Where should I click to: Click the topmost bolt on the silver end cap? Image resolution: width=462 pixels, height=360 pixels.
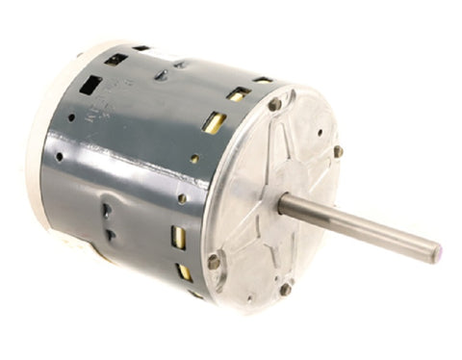point(275,104)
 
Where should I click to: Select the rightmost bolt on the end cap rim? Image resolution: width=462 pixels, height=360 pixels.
point(338,151)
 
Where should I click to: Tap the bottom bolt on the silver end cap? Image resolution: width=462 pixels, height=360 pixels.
point(285,288)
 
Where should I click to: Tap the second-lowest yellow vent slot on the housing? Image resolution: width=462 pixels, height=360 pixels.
point(178,237)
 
